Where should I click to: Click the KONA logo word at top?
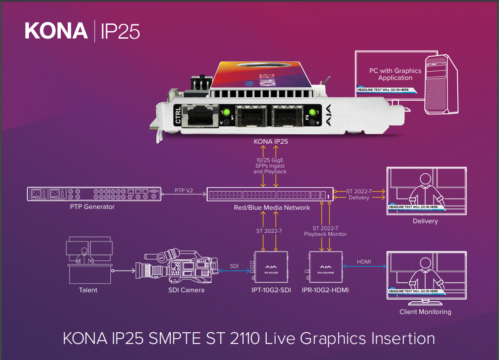tap(56, 31)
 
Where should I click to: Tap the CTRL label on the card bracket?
tap(178, 115)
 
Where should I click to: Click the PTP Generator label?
tap(92, 207)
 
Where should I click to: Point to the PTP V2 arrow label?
tap(183, 190)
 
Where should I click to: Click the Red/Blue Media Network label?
tap(272, 208)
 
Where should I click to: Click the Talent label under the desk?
tap(88, 290)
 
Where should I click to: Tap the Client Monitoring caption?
tap(425, 312)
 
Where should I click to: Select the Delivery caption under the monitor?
tap(425, 221)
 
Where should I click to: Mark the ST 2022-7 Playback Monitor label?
tap(325, 231)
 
